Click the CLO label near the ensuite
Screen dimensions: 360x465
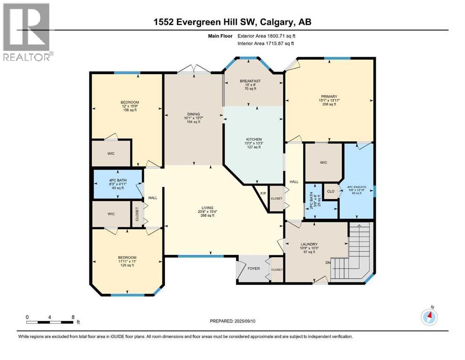click(331, 192)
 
